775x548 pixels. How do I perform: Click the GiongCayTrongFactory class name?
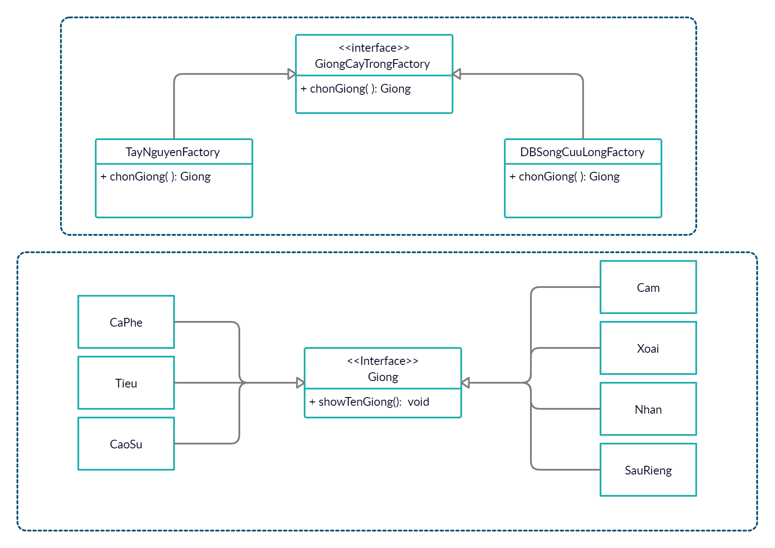(x=372, y=64)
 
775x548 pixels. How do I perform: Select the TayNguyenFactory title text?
(x=173, y=152)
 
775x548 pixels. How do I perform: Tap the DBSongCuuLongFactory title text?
(x=582, y=152)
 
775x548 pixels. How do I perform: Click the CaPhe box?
(x=126, y=322)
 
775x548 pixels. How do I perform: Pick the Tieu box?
(x=126, y=383)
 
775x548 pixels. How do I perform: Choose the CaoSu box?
(x=126, y=444)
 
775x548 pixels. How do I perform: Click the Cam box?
(x=648, y=287)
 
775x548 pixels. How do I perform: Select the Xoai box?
(x=648, y=348)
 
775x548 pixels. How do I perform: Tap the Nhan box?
(x=648, y=409)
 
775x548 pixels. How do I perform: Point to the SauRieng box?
(x=648, y=470)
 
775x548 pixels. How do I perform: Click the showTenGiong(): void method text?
(x=369, y=402)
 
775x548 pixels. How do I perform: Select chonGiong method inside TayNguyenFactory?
(x=155, y=177)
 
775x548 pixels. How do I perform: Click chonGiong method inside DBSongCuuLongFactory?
(x=564, y=177)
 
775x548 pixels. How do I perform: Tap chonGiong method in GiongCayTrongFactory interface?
(x=356, y=89)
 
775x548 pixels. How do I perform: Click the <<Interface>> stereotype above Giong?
(x=382, y=361)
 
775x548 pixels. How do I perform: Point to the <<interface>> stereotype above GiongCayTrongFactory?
(x=374, y=48)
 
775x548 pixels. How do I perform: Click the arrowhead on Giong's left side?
(x=300, y=383)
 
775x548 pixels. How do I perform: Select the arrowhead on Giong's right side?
(x=465, y=383)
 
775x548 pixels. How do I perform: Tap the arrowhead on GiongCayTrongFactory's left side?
(x=292, y=74)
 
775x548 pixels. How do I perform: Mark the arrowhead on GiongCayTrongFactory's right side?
(x=456, y=74)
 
